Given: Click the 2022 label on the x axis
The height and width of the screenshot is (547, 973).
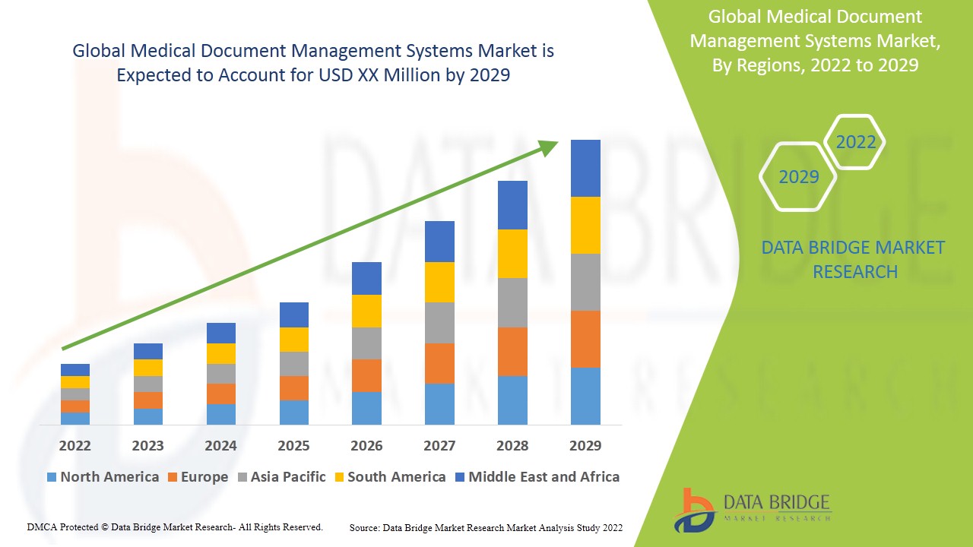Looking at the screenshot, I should (x=74, y=445).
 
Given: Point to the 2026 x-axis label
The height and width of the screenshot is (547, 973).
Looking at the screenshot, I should (x=366, y=445).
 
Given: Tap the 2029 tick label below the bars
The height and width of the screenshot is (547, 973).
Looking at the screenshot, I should (x=585, y=445).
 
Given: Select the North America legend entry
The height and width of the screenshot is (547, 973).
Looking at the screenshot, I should (x=103, y=477).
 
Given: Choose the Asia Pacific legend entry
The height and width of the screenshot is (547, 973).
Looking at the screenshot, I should (x=282, y=477).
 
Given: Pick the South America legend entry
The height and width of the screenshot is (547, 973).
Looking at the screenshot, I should (x=389, y=477).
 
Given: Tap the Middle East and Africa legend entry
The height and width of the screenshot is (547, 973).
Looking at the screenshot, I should (x=537, y=477).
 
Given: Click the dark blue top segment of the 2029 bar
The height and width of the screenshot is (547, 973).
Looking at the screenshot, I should (x=585, y=168).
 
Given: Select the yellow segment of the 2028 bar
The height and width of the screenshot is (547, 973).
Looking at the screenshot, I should (x=512, y=254).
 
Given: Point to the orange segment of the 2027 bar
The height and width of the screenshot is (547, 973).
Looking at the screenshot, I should (x=439, y=363).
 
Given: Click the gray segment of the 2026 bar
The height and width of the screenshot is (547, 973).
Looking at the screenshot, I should (x=366, y=343).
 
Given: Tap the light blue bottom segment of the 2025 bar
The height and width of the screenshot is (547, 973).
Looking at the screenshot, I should (x=294, y=412).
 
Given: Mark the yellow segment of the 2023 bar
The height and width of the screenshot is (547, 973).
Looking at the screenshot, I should (x=148, y=368).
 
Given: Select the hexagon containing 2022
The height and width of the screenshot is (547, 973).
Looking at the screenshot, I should (x=855, y=142).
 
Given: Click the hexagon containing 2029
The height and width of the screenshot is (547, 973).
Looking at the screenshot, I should (x=798, y=177).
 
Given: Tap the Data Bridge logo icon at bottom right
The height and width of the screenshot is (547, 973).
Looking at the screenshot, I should (x=694, y=510).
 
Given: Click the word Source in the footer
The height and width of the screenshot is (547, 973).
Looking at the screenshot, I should (x=365, y=527).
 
